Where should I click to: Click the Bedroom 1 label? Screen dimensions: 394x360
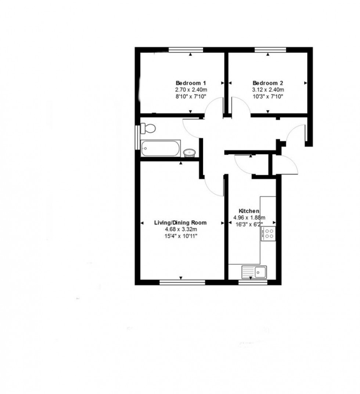[x=191, y=83]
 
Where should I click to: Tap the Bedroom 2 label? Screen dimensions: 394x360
[x=268, y=83]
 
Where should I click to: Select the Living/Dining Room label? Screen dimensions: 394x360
[x=180, y=223]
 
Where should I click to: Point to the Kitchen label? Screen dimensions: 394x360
[x=249, y=211]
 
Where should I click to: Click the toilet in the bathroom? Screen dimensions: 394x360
[x=148, y=128]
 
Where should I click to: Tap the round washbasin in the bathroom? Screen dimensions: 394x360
[x=189, y=152]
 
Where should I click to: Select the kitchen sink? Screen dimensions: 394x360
[x=255, y=272]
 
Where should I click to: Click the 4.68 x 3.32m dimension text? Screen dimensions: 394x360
[x=180, y=230]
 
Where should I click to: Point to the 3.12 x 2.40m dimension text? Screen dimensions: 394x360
[x=268, y=90]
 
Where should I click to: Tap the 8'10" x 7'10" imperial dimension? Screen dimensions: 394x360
[x=191, y=96]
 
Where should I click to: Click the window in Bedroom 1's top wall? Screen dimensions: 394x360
[x=186, y=50]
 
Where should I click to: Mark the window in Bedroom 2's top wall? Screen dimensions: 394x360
[x=270, y=50]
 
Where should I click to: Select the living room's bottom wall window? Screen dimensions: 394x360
[x=182, y=283]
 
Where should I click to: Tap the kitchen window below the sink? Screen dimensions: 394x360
[x=253, y=283]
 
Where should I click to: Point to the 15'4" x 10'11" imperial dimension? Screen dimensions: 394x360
[x=180, y=236]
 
